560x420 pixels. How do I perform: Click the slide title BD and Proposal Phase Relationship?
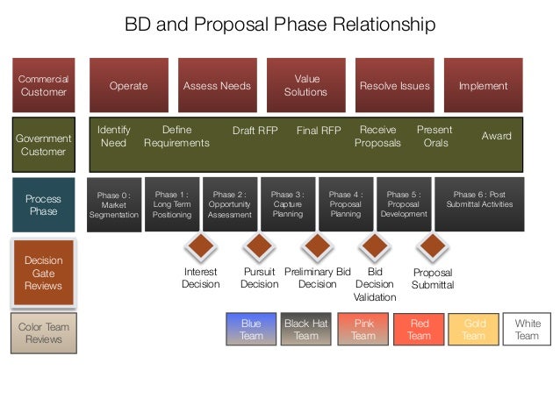280,24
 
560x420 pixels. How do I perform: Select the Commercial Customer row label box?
43,86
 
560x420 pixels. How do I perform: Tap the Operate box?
128,86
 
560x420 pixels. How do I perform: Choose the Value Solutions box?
306,85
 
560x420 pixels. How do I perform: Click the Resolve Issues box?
394,86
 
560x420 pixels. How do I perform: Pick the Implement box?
483,86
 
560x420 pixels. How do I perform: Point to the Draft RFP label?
255,131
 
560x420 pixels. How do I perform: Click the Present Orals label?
434,136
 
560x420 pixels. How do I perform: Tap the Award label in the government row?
497,136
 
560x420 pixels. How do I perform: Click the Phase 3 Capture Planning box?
288,204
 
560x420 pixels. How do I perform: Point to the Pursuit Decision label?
260,278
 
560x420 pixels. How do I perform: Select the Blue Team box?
251,330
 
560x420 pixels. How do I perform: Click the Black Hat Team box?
306,330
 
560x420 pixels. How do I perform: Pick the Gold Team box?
474,330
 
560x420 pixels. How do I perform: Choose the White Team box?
528,330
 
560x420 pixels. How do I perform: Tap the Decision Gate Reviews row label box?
43,272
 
